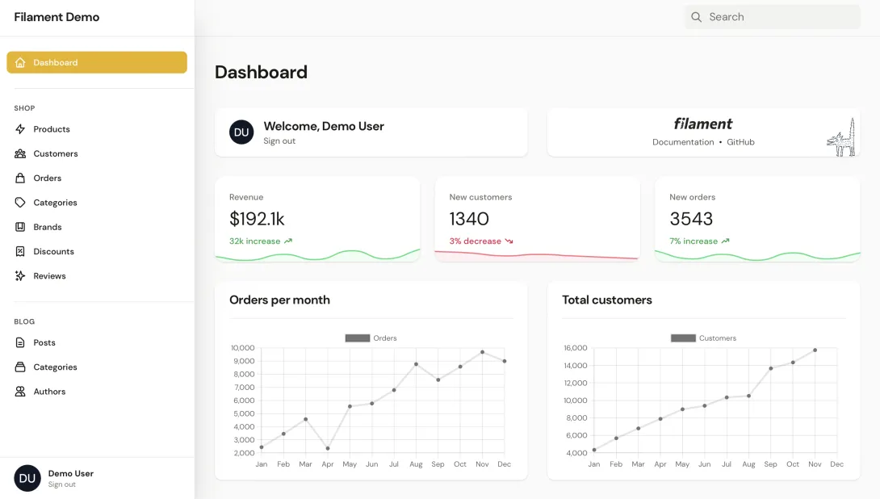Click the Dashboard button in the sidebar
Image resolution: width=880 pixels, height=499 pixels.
[96, 62]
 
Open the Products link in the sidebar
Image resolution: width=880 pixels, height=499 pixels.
[52, 129]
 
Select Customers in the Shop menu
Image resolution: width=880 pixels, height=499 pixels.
[56, 153]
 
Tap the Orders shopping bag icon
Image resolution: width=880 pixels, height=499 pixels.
[20, 178]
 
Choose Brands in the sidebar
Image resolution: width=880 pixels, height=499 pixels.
[48, 227]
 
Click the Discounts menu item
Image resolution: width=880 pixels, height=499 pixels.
[53, 251]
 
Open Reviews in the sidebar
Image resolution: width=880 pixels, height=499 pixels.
[49, 276]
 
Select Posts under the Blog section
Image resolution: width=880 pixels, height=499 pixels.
[44, 342]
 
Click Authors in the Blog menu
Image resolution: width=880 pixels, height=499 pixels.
[49, 392]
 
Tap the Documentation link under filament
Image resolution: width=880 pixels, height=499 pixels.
[683, 142]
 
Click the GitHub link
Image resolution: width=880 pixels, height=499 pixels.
[740, 142]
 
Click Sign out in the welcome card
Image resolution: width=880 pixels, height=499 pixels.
[279, 141]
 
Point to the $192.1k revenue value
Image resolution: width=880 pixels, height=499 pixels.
[257, 219]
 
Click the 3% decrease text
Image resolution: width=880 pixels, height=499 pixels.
[476, 241]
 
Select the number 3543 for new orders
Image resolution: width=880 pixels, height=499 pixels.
[691, 219]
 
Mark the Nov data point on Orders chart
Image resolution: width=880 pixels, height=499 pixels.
[482, 352]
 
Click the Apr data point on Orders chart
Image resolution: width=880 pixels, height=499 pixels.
[328, 448]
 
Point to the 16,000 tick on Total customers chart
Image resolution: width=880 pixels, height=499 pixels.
[576, 348]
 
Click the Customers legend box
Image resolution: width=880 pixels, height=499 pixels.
[683, 338]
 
